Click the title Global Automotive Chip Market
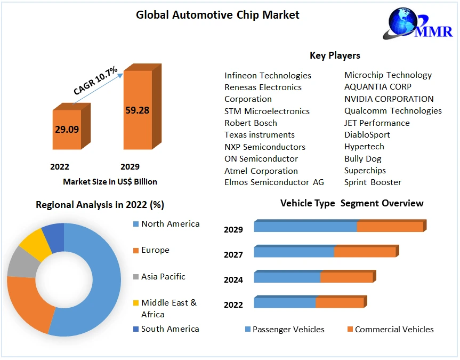coord(217,15)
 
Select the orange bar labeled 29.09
coord(67,130)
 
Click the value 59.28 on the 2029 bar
coord(137,110)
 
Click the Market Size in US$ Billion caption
coord(110,182)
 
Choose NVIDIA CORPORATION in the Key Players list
coord(389,99)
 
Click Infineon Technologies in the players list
coord(268,75)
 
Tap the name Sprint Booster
coord(373,182)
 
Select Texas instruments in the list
coord(259,135)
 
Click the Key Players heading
coord(335,55)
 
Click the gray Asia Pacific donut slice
coord(20,262)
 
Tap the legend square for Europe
coord(135,250)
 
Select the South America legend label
coord(170,329)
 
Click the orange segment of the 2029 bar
coord(390,227)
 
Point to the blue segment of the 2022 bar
coord(285,303)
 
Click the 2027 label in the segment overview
coord(233,255)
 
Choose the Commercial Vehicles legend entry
coord(394,330)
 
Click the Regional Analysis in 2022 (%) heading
coord(100,205)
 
